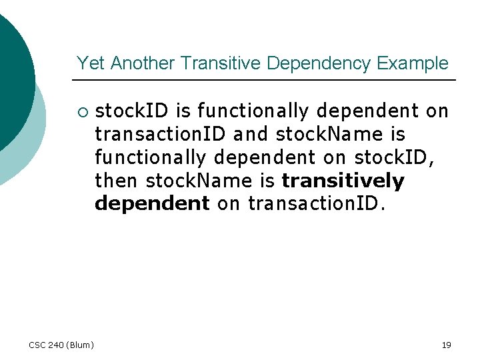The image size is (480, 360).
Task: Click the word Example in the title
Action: pyautogui.click(x=413, y=64)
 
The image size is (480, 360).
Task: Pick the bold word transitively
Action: pyautogui.click(x=343, y=181)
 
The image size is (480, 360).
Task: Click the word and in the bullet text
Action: pyautogui.click(x=250, y=134)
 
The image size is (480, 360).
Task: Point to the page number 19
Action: pyautogui.click(x=446, y=345)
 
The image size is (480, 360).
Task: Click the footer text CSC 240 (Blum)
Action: pyautogui.click(x=61, y=345)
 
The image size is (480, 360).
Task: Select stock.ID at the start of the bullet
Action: pyautogui.click(x=133, y=111)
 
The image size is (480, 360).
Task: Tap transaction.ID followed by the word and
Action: pyautogui.click(x=161, y=134)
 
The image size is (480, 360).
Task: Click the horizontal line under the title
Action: pyautogui.click(x=267, y=80)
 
